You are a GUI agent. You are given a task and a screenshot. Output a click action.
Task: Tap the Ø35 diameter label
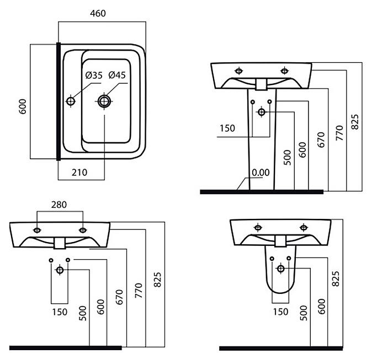(93, 76)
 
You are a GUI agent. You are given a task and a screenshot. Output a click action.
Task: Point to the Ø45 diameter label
(118, 76)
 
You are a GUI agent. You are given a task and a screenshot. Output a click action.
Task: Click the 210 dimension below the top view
(80, 172)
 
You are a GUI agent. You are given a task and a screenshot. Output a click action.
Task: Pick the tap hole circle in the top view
(71, 101)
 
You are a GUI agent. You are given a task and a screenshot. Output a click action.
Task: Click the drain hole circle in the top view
(104, 101)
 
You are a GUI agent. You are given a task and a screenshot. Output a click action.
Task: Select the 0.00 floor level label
(260, 173)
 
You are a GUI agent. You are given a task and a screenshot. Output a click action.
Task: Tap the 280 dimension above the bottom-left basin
(59, 205)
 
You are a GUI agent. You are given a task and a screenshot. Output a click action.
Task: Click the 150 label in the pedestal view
(227, 128)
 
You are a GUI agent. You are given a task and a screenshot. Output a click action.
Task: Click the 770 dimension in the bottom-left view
(139, 289)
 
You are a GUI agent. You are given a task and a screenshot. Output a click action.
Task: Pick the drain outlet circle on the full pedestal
(261, 112)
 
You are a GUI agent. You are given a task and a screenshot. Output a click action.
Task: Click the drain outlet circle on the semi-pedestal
(281, 268)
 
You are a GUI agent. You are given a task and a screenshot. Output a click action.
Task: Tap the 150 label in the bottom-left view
(60, 311)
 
